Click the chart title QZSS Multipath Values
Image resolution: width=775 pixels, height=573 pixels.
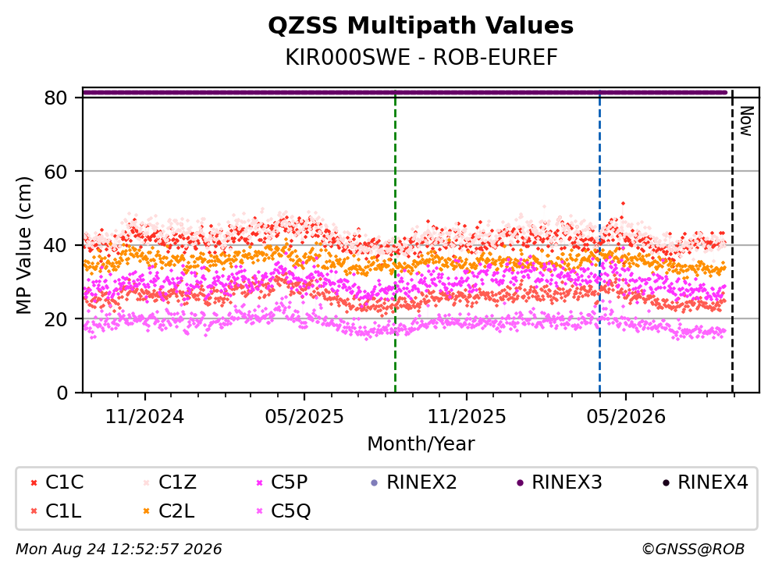point(421,26)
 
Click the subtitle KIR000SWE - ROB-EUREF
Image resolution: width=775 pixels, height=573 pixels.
point(421,58)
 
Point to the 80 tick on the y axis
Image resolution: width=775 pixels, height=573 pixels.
point(55,98)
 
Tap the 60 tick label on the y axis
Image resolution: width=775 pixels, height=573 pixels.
point(55,172)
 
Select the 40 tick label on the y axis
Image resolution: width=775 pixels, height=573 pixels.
point(55,245)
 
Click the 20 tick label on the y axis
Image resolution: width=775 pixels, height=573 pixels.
point(55,319)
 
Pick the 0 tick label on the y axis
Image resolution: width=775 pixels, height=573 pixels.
point(62,393)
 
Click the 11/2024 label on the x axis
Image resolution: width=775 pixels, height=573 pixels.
point(145,417)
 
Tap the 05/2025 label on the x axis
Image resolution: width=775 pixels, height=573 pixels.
point(304,417)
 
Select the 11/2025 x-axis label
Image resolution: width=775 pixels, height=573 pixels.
point(467,417)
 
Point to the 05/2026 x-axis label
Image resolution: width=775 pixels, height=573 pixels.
point(626,417)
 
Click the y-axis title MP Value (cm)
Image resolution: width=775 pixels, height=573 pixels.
point(23,245)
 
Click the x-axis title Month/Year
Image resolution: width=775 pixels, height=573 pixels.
point(421,444)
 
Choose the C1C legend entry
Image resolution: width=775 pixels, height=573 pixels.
point(57,482)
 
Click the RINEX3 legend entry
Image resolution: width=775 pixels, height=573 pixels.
point(560,482)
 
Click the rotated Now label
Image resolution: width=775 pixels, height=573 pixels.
point(746,121)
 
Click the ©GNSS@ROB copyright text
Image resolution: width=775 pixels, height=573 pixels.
point(693,549)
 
